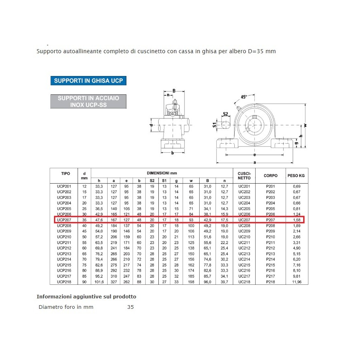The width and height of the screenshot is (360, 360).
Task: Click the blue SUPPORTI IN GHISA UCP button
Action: (88, 80)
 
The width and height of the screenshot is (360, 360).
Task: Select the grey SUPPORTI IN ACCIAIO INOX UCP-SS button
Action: (88, 101)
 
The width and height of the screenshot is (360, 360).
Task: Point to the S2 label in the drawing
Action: (225, 114)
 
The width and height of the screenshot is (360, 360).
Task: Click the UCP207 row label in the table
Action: (64, 220)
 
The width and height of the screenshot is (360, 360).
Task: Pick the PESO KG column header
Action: (296, 176)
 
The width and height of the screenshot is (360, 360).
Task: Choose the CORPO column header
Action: (271, 176)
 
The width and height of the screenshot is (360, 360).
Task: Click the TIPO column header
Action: (65, 173)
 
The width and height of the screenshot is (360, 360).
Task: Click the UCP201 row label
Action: (64, 186)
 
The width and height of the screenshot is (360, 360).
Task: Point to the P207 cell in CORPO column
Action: (271, 220)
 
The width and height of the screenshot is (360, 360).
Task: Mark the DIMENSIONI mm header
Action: (162, 173)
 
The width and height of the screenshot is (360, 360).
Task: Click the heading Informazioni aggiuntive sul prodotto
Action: (86, 296)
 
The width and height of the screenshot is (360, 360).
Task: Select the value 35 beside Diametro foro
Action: (130, 307)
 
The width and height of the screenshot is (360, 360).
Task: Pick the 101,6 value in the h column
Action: (99, 282)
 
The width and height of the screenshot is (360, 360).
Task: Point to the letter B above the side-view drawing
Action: (174, 91)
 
